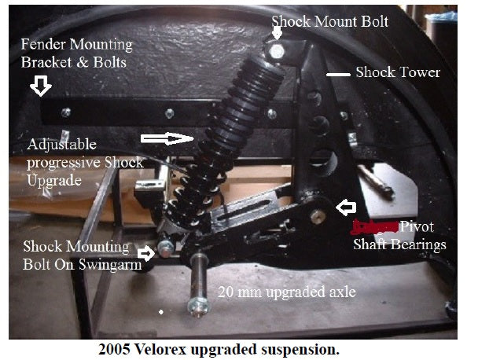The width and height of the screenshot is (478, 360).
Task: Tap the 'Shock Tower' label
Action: coord(398,72)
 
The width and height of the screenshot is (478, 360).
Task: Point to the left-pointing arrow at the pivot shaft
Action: coord(345,207)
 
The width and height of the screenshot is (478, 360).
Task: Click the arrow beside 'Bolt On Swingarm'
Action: coord(146,253)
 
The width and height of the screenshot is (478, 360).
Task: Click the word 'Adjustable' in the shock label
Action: coord(61,145)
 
